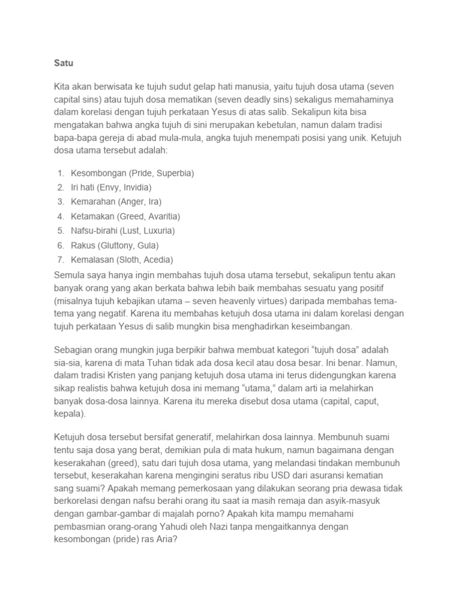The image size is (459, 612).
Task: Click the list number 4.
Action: (x=61, y=216)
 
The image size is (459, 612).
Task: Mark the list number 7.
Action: (x=61, y=259)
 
